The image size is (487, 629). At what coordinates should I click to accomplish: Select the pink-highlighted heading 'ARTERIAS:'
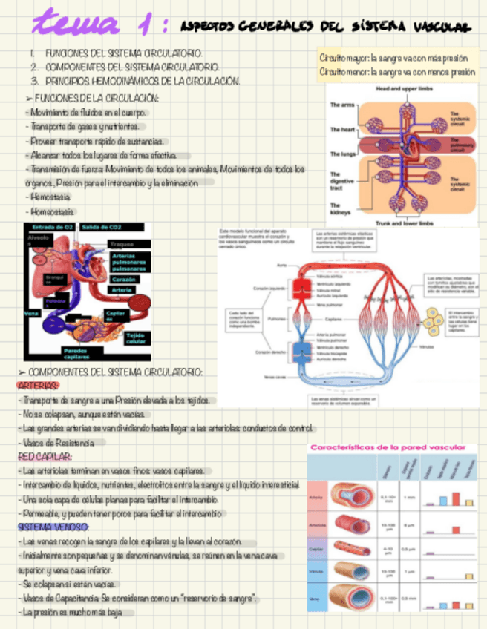[x=38, y=386]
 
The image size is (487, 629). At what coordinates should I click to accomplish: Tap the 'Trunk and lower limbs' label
[x=404, y=223]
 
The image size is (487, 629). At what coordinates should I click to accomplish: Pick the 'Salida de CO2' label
[x=102, y=227]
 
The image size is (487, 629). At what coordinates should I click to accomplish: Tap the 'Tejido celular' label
[x=136, y=339]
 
